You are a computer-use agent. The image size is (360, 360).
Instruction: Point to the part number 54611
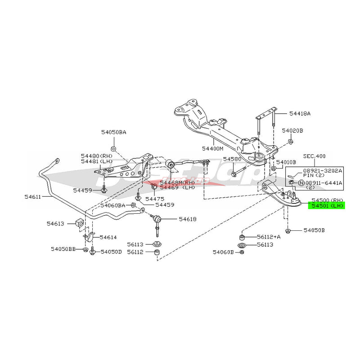click(32, 197)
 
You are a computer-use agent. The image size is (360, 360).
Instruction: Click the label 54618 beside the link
click(187, 219)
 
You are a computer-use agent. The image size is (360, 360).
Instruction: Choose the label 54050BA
click(113, 132)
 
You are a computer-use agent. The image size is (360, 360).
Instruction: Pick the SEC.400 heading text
click(314, 156)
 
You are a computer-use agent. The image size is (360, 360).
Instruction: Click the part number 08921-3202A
click(322, 171)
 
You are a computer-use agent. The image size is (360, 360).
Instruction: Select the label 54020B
click(293, 130)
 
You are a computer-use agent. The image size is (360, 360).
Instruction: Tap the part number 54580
click(233, 159)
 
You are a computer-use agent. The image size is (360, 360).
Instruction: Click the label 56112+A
click(269, 237)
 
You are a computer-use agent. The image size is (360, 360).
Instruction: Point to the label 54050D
click(111, 252)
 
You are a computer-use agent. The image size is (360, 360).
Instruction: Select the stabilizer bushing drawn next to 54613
click(81, 223)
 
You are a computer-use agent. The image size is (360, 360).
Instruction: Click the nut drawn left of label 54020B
click(290, 142)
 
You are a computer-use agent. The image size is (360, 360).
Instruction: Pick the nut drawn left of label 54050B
click(288, 231)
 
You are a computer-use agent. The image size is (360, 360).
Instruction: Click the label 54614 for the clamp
click(108, 237)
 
